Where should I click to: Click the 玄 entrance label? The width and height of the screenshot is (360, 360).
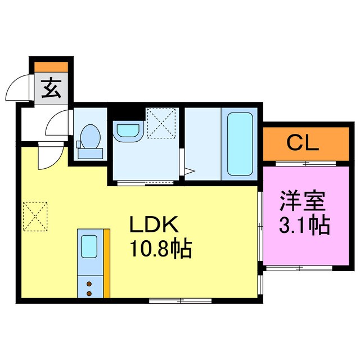[x=52, y=89]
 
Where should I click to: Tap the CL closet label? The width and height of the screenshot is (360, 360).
[x=304, y=142]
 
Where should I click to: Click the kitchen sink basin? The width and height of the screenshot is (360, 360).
[x=89, y=246]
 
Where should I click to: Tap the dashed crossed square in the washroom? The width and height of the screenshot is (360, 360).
[x=162, y=122]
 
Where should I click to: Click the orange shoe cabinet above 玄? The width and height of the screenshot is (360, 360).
[x=51, y=66]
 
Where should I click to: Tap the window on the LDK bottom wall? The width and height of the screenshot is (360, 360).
[x=180, y=301]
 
